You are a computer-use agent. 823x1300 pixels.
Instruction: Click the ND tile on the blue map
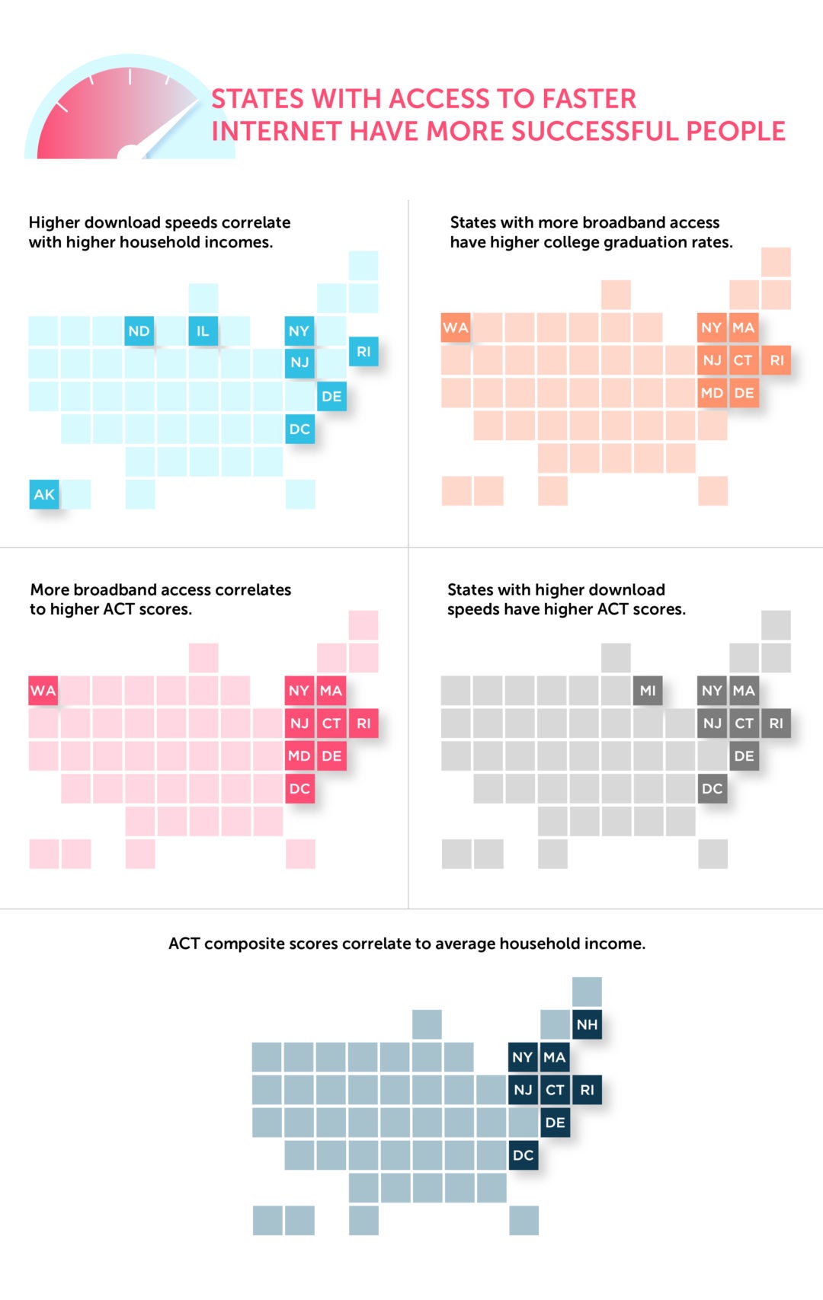pyautogui.click(x=139, y=331)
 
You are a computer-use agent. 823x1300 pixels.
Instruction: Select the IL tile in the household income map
pyautogui.click(x=203, y=331)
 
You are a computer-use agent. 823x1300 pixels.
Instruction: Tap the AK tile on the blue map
pyautogui.click(x=44, y=494)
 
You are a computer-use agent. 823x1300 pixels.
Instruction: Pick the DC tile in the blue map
pyautogui.click(x=299, y=429)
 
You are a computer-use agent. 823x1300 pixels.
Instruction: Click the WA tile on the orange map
pyautogui.click(x=456, y=328)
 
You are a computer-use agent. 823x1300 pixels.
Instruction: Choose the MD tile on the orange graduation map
pyautogui.click(x=712, y=393)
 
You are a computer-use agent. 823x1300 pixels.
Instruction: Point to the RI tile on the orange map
pyautogui.click(x=776, y=360)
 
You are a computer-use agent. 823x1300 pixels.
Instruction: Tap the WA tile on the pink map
pyautogui.click(x=43, y=691)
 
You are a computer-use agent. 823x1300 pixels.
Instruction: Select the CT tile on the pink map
pyautogui.click(x=331, y=723)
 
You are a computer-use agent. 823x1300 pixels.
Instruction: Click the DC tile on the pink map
pyautogui.click(x=299, y=788)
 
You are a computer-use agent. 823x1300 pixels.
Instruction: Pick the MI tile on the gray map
pyautogui.click(x=648, y=691)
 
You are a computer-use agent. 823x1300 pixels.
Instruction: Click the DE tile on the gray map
pyautogui.click(x=744, y=756)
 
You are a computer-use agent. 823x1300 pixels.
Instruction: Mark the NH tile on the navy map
pyautogui.click(x=587, y=1024)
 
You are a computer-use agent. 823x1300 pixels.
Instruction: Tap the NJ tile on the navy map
pyautogui.click(x=523, y=1090)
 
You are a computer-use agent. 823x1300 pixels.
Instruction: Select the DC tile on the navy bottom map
pyautogui.click(x=523, y=1155)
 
